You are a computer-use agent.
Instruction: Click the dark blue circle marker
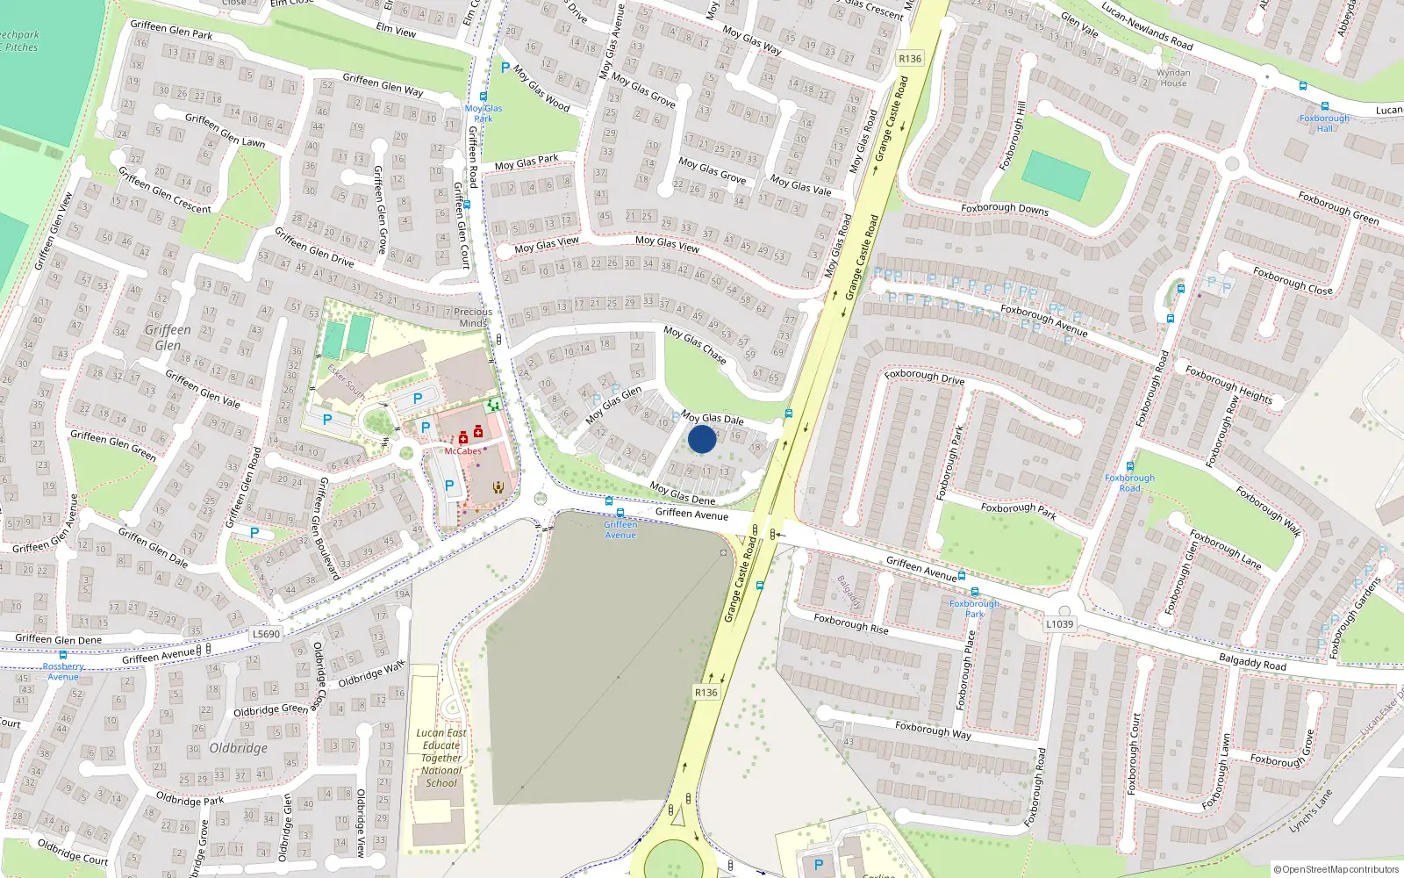coord(701,439)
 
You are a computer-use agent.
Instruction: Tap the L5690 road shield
coord(266,634)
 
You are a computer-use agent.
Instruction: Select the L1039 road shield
coord(1059,624)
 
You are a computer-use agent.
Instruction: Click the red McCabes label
coord(462,451)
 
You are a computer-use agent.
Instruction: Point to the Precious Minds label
coord(473,317)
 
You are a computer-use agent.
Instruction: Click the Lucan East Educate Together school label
coord(441,758)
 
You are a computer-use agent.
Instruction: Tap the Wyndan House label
coord(1173,78)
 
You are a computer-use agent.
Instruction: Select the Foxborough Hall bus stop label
coord(1324,123)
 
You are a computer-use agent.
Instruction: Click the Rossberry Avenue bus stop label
coord(63,672)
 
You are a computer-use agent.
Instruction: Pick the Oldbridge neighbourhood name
coord(239,748)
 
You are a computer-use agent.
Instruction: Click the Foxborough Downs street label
coord(1005,209)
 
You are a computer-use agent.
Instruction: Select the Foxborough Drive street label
coord(924,377)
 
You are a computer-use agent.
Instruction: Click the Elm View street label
coord(396,30)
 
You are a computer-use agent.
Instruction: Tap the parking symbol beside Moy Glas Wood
coord(505,67)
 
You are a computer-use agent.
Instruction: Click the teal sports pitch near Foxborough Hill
coord(1056,175)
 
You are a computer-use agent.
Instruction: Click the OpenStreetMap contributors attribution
coord(1336,869)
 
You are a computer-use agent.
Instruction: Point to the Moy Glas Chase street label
coord(695,345)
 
